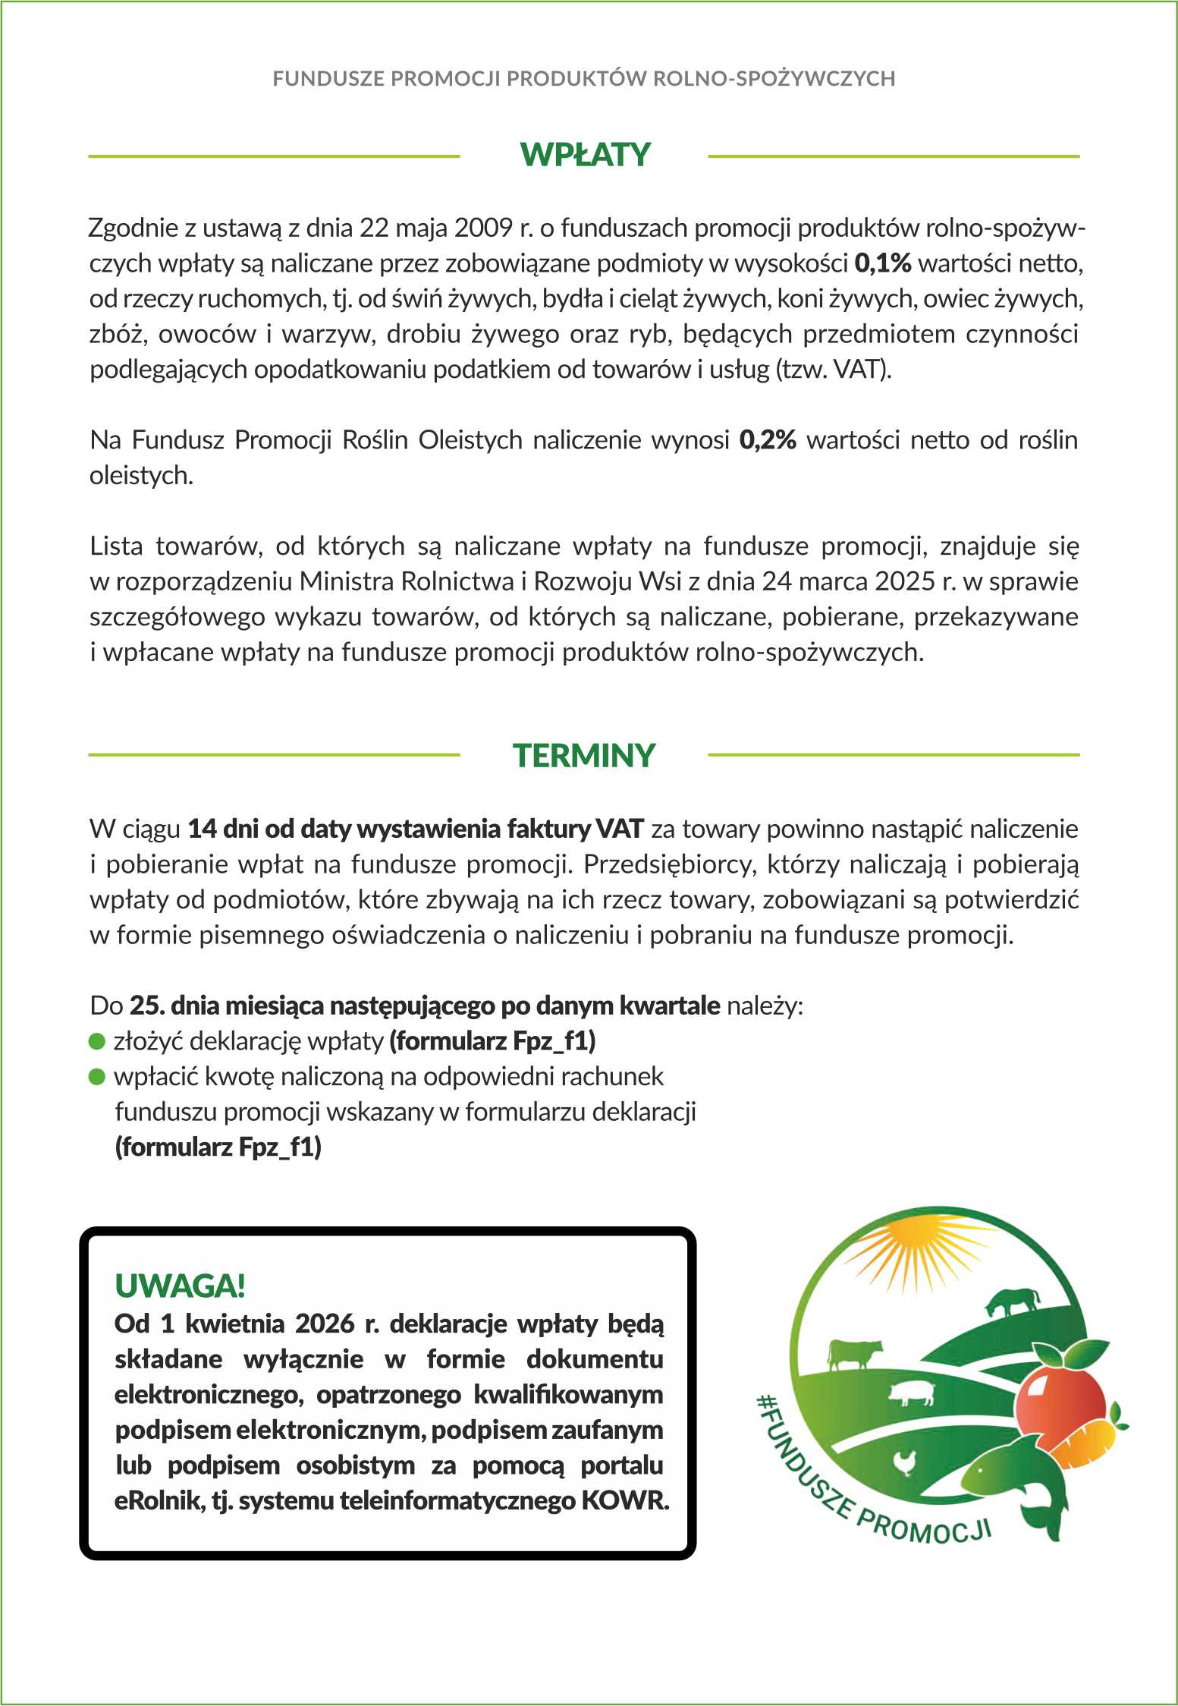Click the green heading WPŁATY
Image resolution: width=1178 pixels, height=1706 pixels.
pyautogui.click(x=585, y=155)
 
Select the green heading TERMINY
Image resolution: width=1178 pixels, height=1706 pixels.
pyautogui.click(x=583, y=756)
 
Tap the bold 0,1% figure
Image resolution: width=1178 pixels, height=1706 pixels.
pyautogui.click(x=882, y=263)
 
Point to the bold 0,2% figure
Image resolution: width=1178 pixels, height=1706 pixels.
pyautogui.click(x=768, y=440)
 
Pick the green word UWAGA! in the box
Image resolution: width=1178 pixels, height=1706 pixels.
pyautogui.click(x=180, y=1286)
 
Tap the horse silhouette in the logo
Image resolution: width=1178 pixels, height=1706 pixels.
pyautogui.click(x=1013, y=1302)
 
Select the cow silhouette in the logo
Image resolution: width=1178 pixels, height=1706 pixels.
pyautogui.click(x=853, y=1352)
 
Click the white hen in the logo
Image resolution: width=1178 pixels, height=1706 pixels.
pyautogui.click(x=906, y=1461)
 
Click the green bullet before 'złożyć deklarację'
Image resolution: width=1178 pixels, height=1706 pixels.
pyautogui.click(x=97, y=1041)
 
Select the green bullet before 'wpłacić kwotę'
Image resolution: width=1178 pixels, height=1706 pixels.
pyautogui.click(x=97, y=1077)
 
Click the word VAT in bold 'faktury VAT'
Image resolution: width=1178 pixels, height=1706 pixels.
pyautogui.click(x=620, y=829)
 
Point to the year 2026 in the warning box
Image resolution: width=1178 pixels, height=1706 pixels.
pyautogui.click(x=325, y=1324)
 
